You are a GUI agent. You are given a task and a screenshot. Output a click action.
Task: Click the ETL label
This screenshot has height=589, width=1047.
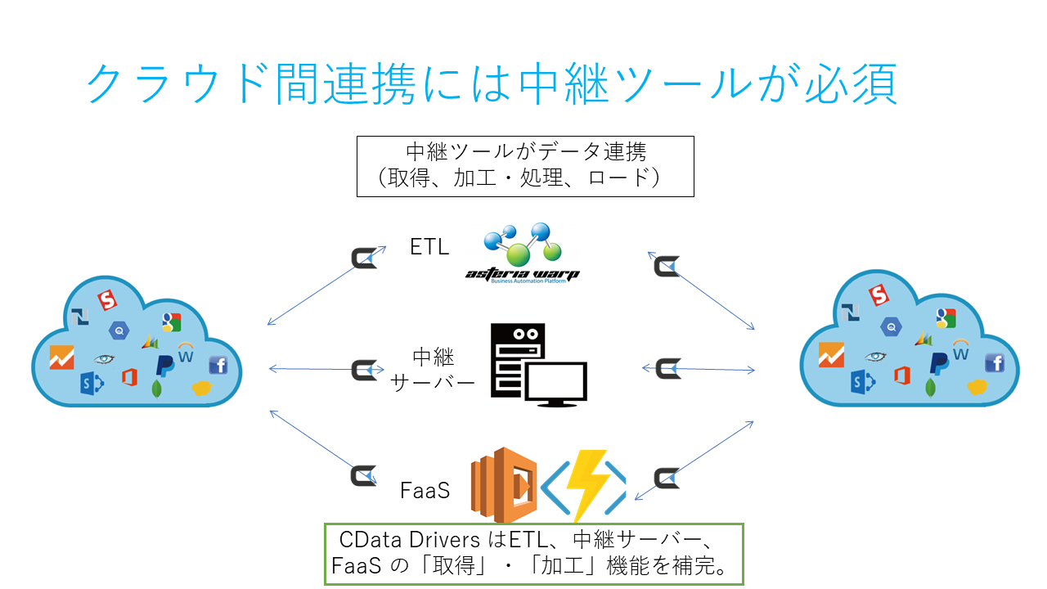[x=429, y=247]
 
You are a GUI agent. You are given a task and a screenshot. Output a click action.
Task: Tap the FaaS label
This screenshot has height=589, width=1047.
[x=425, y=490]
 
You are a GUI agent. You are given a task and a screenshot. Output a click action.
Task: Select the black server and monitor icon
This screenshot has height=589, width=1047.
[x=538, y=365]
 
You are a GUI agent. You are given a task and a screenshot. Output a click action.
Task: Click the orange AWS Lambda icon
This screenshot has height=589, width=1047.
[x=504, y=485]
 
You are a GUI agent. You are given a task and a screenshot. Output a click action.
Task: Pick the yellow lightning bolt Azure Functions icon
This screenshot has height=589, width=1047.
[x=584, y=485]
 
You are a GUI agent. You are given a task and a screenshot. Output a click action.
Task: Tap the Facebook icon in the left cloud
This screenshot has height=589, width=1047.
[x=218, y=365]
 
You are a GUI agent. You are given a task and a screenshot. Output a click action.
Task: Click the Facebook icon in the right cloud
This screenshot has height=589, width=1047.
[x=995, y=362]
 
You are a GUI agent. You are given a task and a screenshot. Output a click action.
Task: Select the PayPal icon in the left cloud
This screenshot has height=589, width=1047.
[x=164, y=366]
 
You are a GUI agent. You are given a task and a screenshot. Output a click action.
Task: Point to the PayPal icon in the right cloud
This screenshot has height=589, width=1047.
[x=939, y=364]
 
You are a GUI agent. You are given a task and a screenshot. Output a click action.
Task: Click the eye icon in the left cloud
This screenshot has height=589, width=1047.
[x=104, y=359]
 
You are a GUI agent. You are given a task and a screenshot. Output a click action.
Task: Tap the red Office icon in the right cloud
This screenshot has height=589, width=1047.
[x=902, y=375]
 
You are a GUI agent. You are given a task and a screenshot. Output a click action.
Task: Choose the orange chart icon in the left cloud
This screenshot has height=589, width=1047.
[x=61, y=357]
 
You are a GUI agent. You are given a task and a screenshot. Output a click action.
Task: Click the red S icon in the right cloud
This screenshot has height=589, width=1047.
[x=878, y=295]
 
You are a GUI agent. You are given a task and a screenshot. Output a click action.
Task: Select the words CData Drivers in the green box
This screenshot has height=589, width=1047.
[x=410, y=540]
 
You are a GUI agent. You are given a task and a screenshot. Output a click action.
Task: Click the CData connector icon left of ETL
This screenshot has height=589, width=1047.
[x=364, y=258]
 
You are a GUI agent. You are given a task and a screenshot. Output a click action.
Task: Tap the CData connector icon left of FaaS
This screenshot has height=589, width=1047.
[x=364, y=476]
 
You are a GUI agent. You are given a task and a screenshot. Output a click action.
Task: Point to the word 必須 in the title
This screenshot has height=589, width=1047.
[x=851, y=84]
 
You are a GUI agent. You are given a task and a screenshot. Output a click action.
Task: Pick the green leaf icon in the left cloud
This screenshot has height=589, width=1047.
[x=157, y=389]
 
